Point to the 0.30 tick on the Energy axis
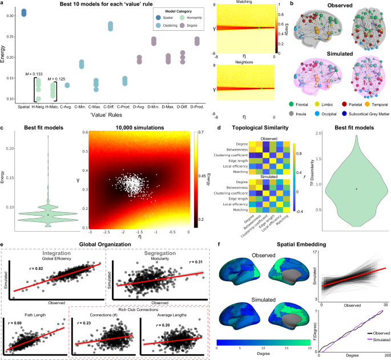13,15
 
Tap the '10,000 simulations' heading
139,124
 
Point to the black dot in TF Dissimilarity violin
356,189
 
